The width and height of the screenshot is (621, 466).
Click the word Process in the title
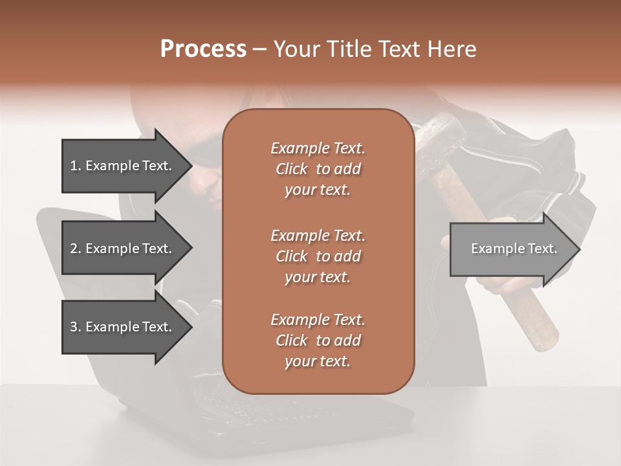pos(203,49)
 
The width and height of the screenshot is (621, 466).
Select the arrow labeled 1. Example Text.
pos(123,166)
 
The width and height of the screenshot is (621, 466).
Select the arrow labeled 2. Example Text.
pos(123,249)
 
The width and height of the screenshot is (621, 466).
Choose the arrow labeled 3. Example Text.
pos(123,327)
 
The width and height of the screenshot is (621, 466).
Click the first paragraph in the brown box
pos(318,169)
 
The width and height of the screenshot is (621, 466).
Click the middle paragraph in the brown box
pos(318,256)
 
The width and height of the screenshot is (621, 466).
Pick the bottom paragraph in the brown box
pos(318,340)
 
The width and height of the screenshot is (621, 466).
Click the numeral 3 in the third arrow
pos(74,327)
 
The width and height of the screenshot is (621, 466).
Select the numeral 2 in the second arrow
pos(74,249)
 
